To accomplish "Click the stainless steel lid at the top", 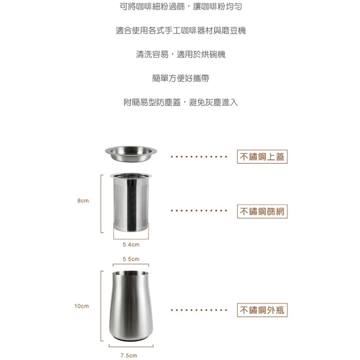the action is click(131, 154).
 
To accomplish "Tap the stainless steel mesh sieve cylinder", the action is click(131, 202).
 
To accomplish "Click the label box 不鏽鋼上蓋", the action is click(262, 156).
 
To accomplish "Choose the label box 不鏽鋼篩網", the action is click(262, 211).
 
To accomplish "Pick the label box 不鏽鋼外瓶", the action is click(262, 310).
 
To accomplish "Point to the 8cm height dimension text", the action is click(83, 201).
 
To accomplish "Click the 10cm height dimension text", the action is click(82, 306).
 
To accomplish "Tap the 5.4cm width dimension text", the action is click(131, 245).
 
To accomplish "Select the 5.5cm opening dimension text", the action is click(131, 259).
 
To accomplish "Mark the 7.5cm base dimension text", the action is click(129, 356).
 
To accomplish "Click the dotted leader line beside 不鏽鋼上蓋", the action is click(199, 157).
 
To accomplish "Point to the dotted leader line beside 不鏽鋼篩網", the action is click(199, 211).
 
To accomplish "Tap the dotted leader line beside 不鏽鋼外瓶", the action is click(199, 310).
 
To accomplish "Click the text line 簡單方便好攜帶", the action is click(181, 79).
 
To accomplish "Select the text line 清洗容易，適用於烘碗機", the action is click(181, 54).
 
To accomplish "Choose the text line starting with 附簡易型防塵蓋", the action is click(181, 102).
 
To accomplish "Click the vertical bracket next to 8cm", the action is click(101, 204).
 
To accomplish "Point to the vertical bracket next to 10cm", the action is click(101, 306).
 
